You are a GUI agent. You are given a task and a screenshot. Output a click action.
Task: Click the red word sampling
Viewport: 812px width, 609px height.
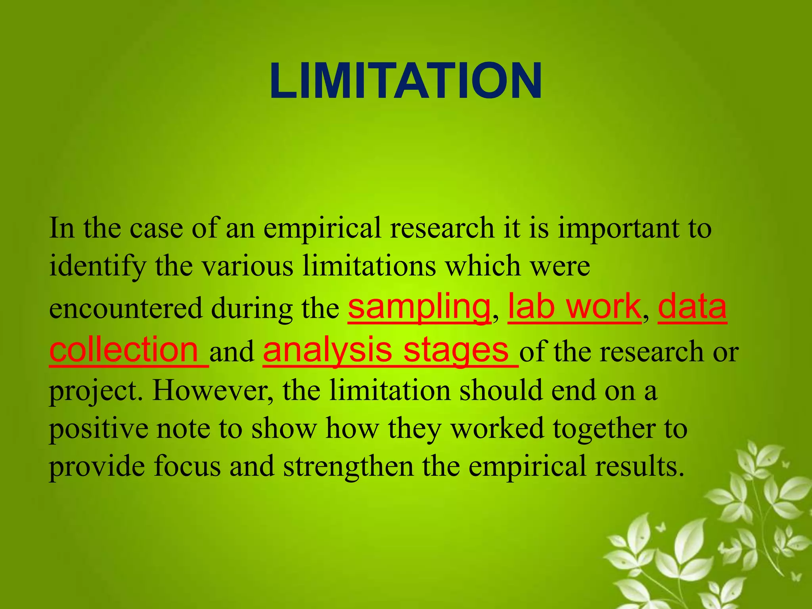coord(419,307)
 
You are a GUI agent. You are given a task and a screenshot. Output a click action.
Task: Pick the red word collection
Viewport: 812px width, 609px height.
coord(124,349)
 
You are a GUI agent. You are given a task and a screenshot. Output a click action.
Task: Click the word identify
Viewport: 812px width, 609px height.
coord(98,266)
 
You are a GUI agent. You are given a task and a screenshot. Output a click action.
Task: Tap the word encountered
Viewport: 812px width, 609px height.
coord(126,309)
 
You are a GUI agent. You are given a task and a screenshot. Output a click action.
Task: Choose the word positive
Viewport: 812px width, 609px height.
coord(98,429)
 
